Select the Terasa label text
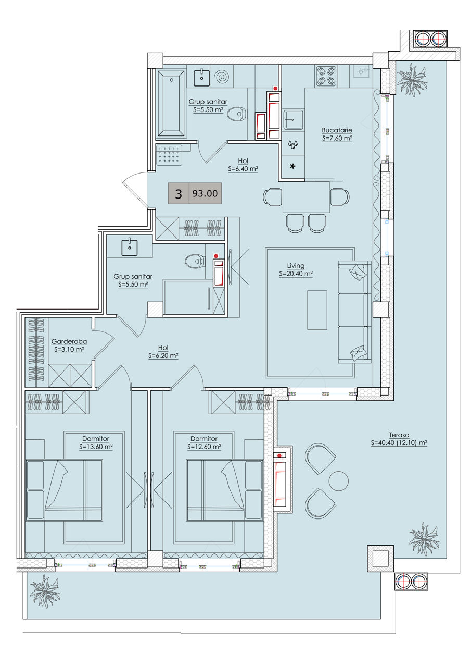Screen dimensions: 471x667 [x=399, y=435]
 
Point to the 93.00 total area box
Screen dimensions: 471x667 [x=205, y=193]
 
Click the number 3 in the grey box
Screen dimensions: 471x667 [x=179, y=194]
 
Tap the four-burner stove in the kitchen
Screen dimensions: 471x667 [x=326, y=76]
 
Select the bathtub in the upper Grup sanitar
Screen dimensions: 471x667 [x=171, y=103]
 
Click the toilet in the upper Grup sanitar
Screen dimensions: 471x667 [x=237, y=114]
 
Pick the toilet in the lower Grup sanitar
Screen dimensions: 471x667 [x=195, y=262]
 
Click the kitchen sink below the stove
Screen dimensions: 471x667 [x=293, y=120]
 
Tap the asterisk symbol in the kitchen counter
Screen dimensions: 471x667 [x=292, y=166]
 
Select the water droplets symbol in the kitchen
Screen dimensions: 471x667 [x=292, y=144]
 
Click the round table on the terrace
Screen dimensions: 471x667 [x=339, y=481]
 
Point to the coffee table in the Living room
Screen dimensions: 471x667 [x=317, y=310]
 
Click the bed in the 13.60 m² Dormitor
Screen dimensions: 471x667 [x=64, y=490]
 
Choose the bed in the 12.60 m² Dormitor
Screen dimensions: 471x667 [x=225, y=490]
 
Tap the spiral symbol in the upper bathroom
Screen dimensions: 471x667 [x=222, y=77]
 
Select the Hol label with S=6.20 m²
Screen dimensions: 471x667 [x=163, y=352]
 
